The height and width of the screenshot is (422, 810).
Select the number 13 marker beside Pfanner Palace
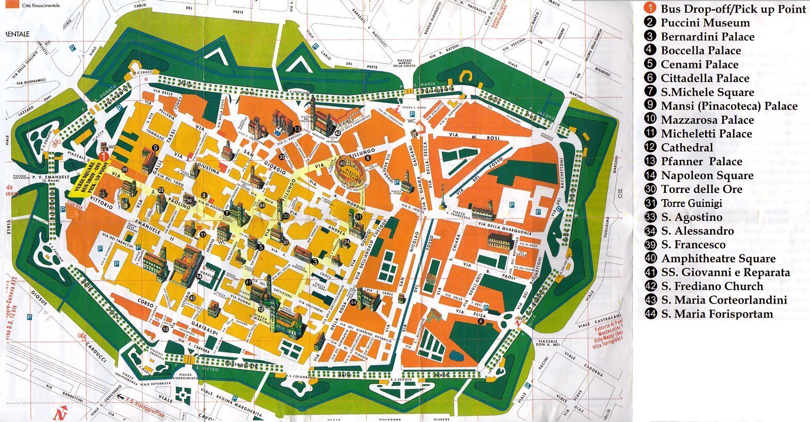pyautogui.click(x=297, y=128)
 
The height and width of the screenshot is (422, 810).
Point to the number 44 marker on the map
pyautogui.click(x=353, y=303)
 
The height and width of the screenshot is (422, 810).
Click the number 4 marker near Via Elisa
pyautogui.click(x=481, y=321)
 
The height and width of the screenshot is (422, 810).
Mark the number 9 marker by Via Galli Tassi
pyautogui.click(x=155, y=148)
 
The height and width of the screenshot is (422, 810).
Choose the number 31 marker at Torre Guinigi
pyautogui.click(x=358, y=217)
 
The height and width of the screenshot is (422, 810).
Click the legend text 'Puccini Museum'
pyautogui.click(x=705, y=23)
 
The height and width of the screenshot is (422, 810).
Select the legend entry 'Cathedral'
pyautogui.click(x=687, y=147)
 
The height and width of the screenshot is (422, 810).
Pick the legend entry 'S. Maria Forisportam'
pyautogui.click(x=717, y=314)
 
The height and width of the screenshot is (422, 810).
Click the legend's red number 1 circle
pyautogui.click(x=650, y=9)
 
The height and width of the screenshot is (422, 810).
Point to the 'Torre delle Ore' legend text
pyautogui.click(x=701, y=189)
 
